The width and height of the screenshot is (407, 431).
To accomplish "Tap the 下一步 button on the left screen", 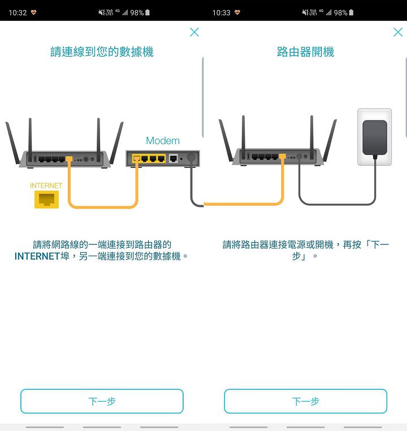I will point(102,401).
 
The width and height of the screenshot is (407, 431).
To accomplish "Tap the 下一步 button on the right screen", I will point(305,401).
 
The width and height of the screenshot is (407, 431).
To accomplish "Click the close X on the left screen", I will point(194,32).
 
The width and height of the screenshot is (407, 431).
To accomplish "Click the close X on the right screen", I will point(398,32).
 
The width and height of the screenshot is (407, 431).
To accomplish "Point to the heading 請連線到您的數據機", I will point(102,52).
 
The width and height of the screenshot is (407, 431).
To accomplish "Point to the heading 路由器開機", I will point(305,52).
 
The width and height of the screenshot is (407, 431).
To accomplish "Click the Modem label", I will point(163,140).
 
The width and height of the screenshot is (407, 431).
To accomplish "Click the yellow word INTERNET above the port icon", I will point(46,186).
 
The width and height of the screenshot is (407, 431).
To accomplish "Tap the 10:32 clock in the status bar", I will point(18,12).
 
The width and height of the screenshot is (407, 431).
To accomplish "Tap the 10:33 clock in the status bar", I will point(221,12).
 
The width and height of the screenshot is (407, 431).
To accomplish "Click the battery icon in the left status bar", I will point(148,12).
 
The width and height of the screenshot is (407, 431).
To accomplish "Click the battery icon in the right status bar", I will point(351,12).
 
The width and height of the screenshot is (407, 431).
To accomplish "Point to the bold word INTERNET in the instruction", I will point(37,256).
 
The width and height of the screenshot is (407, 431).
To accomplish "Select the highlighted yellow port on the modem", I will point(136,159).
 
